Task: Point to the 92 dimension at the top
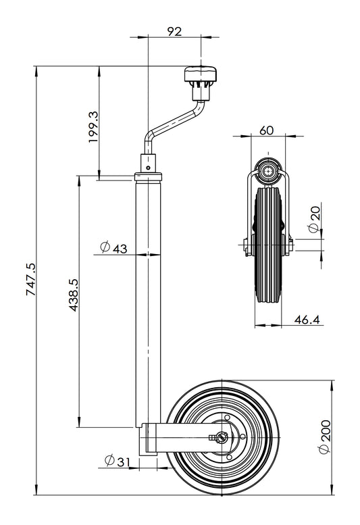174,30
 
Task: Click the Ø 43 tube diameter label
113,248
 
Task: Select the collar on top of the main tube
149,176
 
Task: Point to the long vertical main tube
149,297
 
